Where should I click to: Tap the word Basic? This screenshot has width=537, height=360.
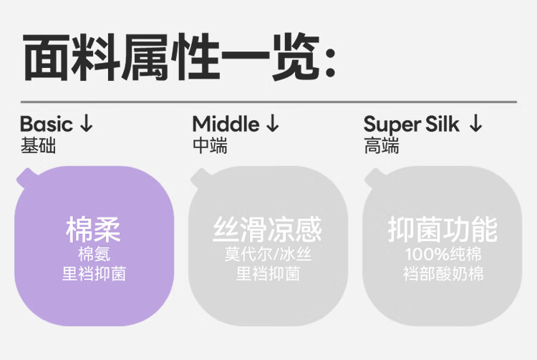tap(47, 124)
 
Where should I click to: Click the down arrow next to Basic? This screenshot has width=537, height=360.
tap(87, 124)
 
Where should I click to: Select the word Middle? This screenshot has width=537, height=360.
tap(226, 124)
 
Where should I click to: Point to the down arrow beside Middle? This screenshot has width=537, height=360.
tap(272, 124)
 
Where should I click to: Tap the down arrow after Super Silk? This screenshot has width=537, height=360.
tap(475, 124)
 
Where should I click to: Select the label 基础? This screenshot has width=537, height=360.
tap(38, 146)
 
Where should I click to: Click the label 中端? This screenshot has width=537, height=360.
tap(210, 146)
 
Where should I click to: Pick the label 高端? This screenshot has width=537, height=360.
tap(382, 146)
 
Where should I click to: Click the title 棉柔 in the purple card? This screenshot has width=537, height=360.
tap(93, 230)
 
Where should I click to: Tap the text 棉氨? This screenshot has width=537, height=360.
tap(93, 255)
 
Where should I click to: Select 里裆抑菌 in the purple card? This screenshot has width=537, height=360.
tap(93, 273)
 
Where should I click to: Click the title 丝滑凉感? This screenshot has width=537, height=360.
tap(267, 230)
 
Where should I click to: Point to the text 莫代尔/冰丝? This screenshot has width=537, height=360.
tap(267, 255)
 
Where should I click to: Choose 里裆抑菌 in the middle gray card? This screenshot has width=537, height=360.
tap(267, 273)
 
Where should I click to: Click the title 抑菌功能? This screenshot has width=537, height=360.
tap(442, 230)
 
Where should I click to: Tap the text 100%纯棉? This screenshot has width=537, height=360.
tap(442, 255)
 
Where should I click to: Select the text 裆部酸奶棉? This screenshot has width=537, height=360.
tap(442, 273)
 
